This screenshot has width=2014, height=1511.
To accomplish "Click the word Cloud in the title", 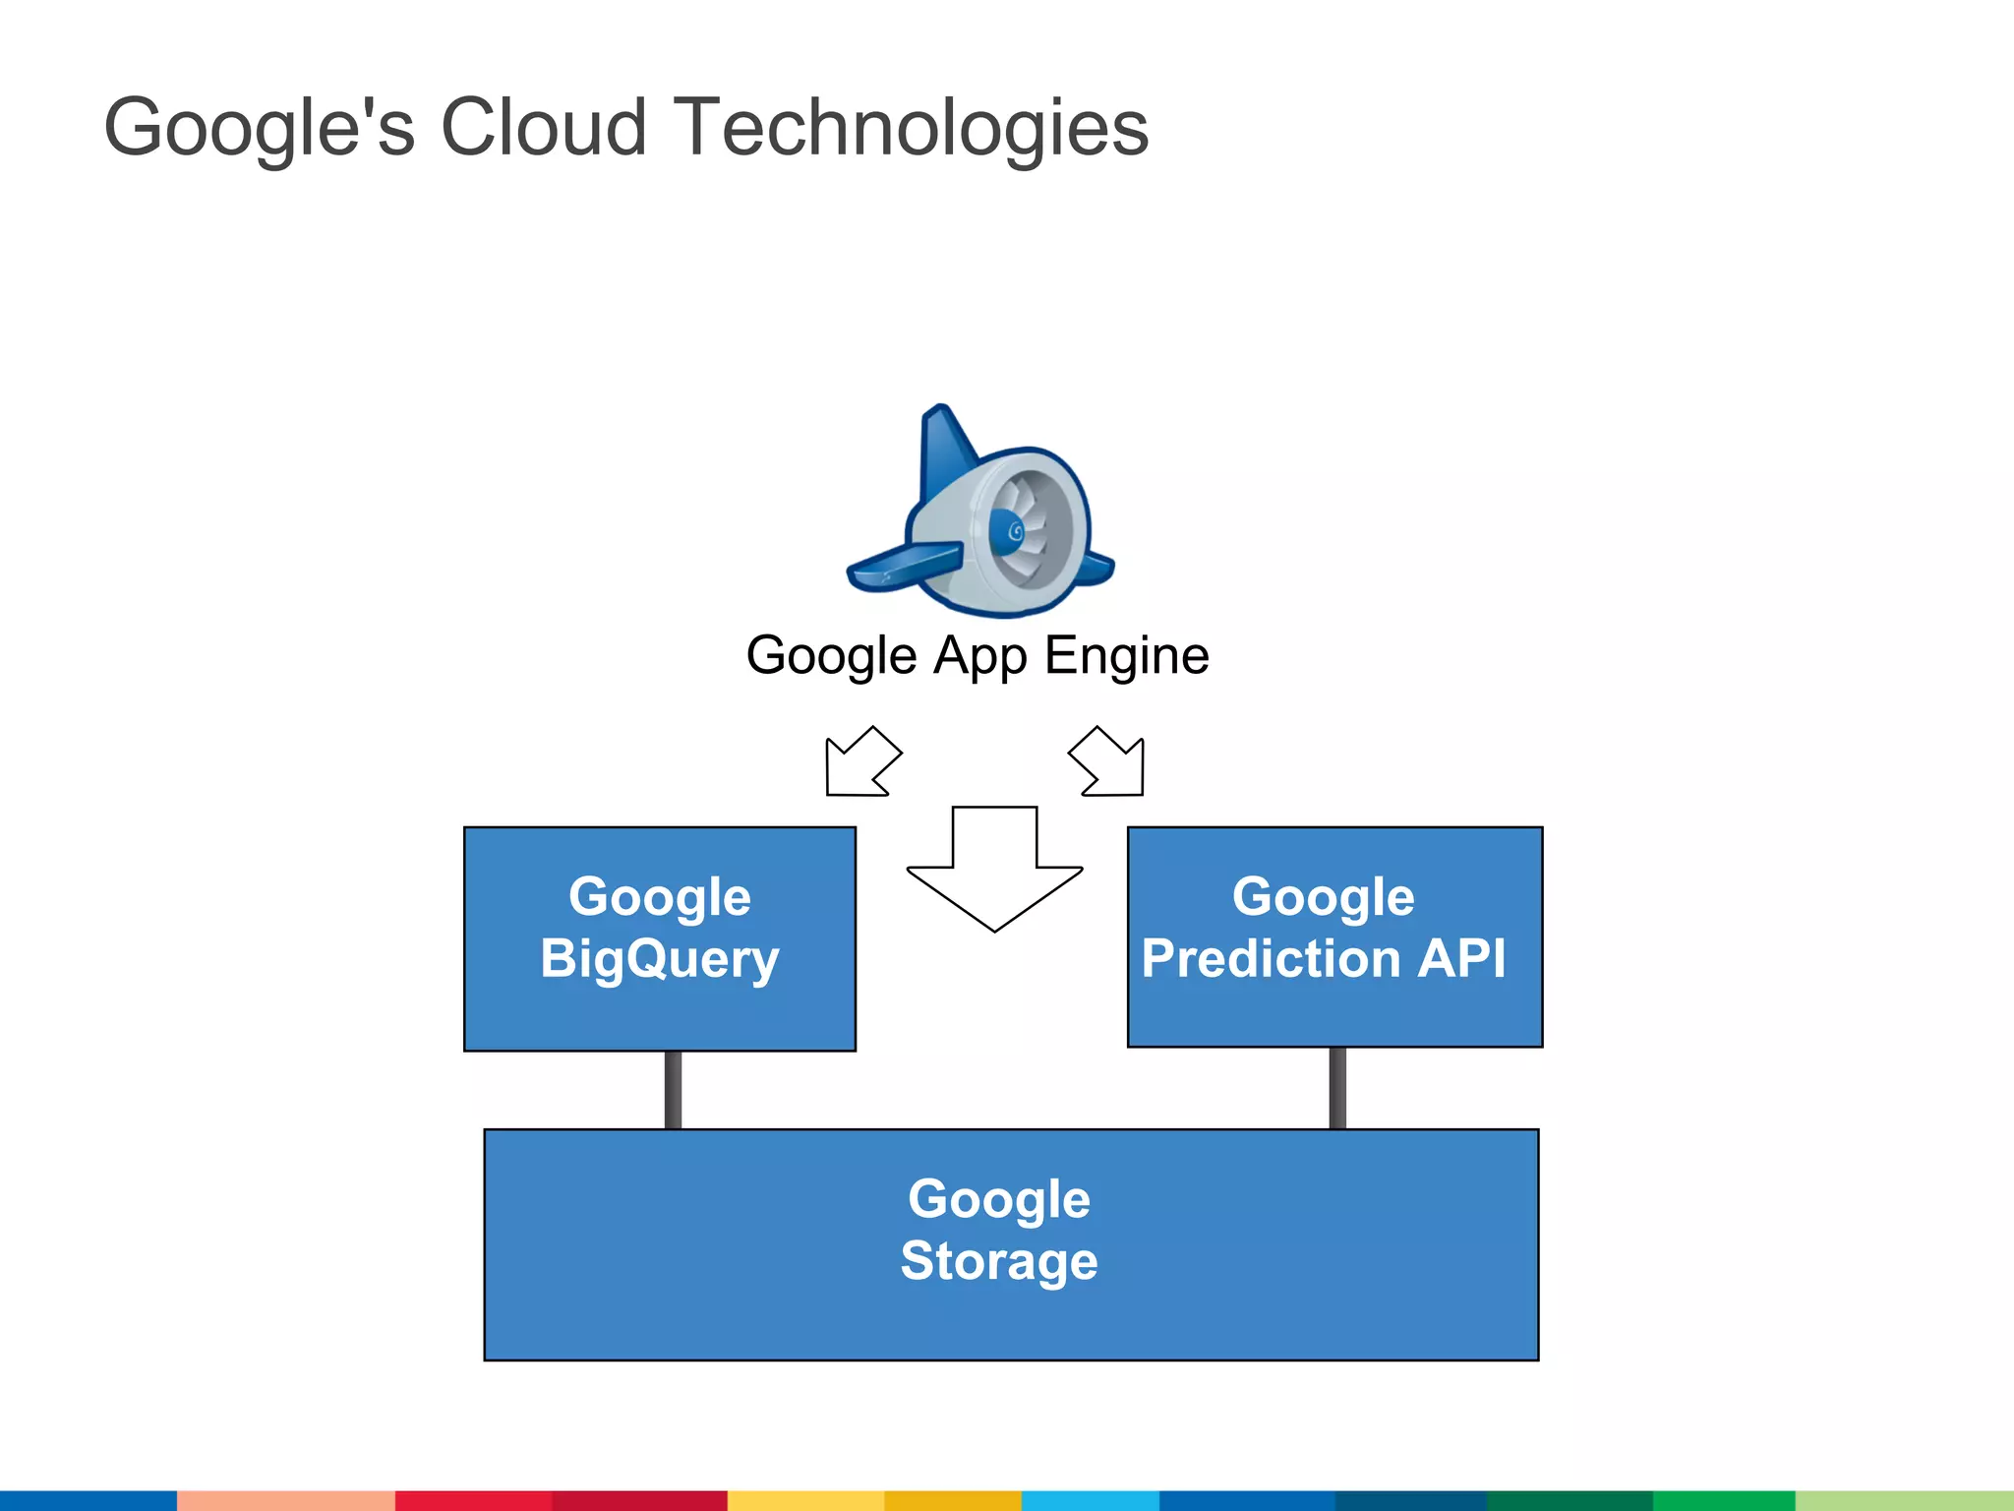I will tap(543, 128).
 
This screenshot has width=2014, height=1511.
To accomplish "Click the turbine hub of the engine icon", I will tap(1010, 532).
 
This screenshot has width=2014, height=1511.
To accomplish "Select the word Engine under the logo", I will tap(1126, 657).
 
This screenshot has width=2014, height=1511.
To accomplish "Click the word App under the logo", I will tap(979, 657).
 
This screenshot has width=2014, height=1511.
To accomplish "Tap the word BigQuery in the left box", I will tap(659, 959).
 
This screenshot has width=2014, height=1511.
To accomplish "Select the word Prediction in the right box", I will tap(1270, 959).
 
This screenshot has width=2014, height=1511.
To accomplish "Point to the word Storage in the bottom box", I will tap(998, 1261).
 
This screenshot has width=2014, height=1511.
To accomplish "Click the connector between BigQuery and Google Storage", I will tap(673, 1090).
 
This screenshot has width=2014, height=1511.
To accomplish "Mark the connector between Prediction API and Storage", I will tap(1337, 1088).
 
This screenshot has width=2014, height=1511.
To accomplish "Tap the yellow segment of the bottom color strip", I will tap(805, 1500).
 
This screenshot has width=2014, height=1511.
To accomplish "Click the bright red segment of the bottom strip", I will tap(473, 1500).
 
